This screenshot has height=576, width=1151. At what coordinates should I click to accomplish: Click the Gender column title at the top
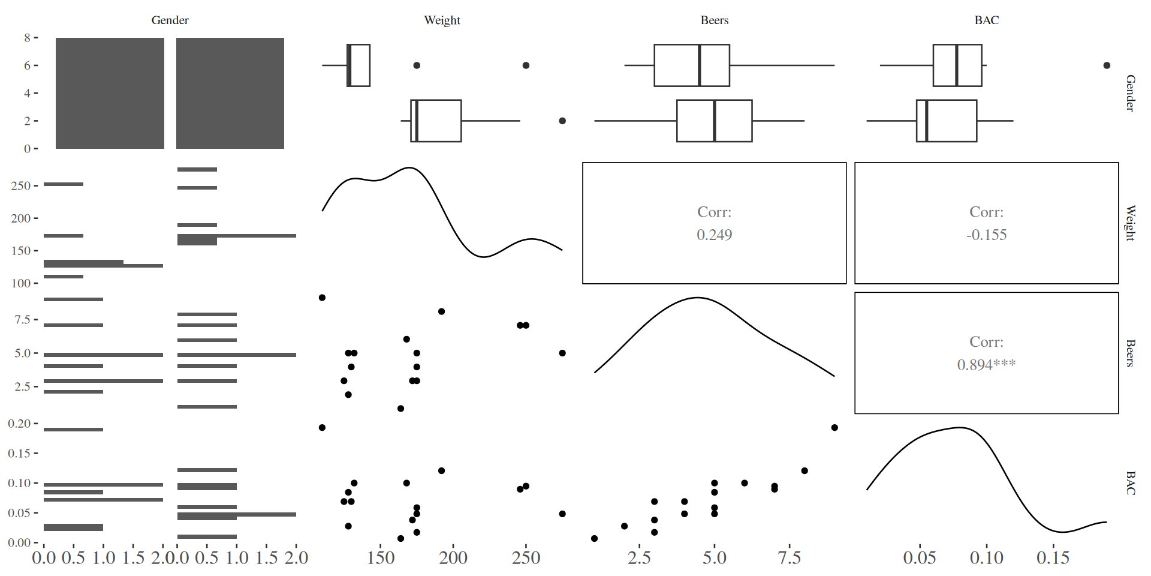click(170, 20)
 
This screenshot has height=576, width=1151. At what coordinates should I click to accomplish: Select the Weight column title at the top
click(442, 20)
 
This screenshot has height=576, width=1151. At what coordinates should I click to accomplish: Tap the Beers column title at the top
click(714, 20)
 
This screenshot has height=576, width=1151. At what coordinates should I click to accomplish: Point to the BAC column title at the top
click(986, 20)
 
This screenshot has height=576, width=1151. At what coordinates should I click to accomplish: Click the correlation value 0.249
click(714, 235)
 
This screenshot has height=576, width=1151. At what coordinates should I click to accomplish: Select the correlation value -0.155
click(986, 235)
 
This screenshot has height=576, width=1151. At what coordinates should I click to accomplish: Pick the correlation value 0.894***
click(986, 364)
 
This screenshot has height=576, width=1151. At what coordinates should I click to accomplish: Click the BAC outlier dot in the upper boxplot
click(1107, 65)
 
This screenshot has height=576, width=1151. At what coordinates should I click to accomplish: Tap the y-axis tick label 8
click(27, 38)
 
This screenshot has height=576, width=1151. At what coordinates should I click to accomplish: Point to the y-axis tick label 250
click(20, 186)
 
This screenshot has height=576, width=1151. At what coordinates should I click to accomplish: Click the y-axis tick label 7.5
click(22, 320)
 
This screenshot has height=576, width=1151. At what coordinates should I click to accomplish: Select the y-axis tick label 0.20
click(19, 424)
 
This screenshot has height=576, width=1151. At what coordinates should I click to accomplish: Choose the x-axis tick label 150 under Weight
click(381, 558)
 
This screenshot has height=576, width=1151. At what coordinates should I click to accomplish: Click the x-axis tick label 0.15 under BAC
click(1053, 558)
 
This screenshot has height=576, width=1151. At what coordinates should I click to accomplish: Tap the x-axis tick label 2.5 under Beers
click(639, 558)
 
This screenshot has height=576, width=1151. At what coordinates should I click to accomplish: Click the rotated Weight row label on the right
click(1130, 223)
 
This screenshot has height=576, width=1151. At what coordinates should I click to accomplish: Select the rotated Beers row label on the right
click(1130, 353)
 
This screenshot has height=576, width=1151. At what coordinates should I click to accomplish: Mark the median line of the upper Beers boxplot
click(699, 65)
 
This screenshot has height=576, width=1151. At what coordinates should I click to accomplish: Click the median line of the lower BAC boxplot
click(926, 121)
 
